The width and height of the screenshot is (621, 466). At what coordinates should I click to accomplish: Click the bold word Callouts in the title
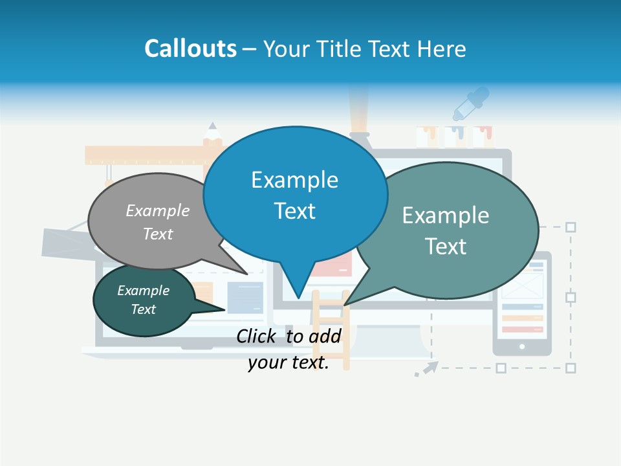190,49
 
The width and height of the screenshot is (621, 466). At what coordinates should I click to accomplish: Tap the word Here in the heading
442,49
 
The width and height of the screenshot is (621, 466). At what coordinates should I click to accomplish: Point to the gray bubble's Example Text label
158,222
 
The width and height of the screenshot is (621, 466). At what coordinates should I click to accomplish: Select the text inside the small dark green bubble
143,300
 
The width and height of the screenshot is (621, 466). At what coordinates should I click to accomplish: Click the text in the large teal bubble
446,230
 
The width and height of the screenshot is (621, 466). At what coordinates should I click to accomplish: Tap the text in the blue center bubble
295,195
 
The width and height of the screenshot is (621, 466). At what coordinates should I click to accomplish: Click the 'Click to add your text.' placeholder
289,349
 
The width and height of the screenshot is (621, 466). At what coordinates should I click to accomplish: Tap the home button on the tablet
522,347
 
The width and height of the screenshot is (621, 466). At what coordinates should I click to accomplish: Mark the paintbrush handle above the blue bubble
360,107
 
